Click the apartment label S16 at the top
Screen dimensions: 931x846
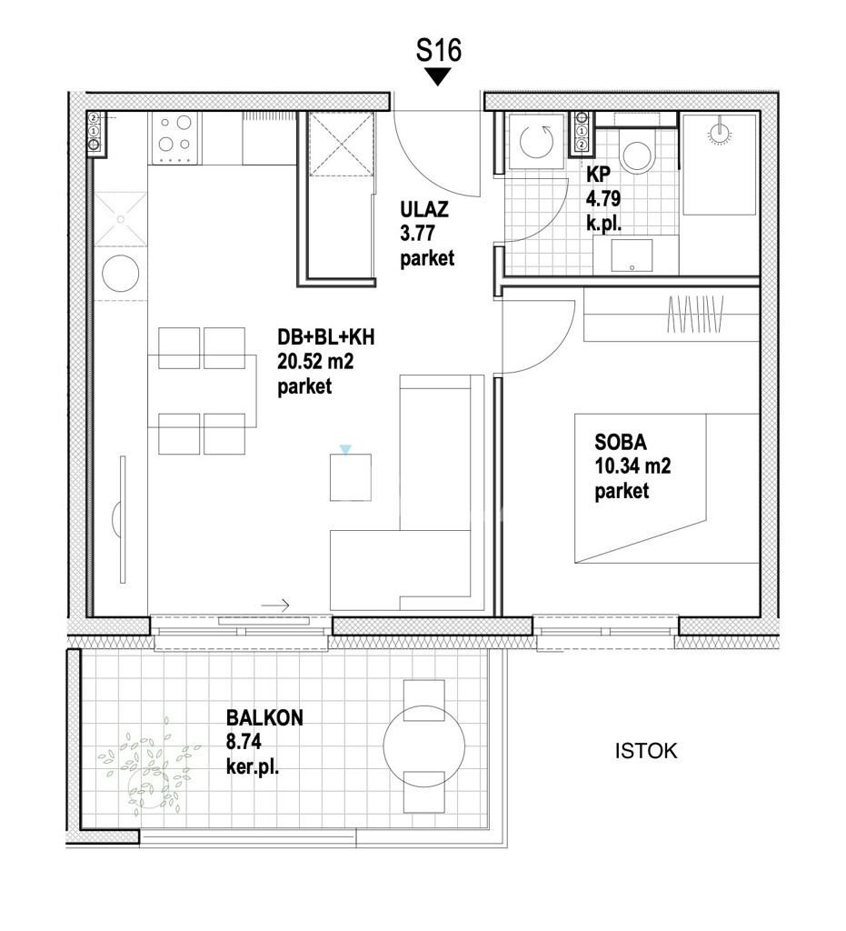(439, 50)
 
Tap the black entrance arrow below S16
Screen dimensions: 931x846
(439, 77)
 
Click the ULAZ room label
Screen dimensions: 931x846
(422, 213)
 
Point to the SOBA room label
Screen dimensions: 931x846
(620, 445)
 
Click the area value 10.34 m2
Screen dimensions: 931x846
(632, 468)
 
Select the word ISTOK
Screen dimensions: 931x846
(646, 752)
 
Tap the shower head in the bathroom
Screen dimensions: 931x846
(719, 131)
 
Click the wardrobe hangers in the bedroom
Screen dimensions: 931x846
(695, 315)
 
